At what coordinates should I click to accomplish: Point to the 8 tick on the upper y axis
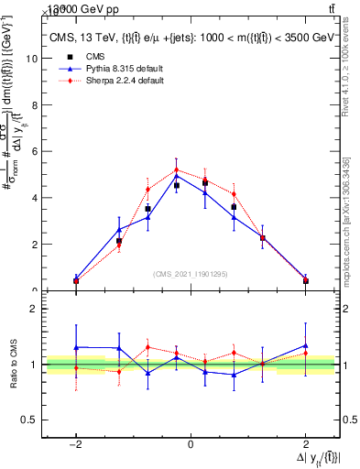pos(33,104)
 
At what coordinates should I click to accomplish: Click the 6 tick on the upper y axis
pos(33,151)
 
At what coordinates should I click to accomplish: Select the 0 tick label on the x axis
pos(191,443)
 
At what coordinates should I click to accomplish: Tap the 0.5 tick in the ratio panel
pos(28,420)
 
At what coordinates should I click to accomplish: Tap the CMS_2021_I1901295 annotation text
pos(191,274)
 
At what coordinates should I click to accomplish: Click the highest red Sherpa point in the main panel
pos(177,169)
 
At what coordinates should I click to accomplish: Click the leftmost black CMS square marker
pos(76,280)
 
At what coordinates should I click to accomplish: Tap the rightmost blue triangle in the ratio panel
pos(306,345)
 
